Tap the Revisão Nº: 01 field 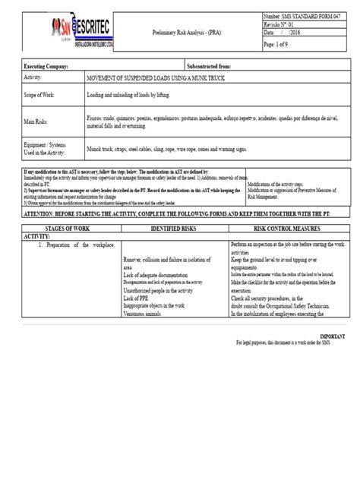[283, 25]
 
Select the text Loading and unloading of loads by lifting [132, 96]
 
